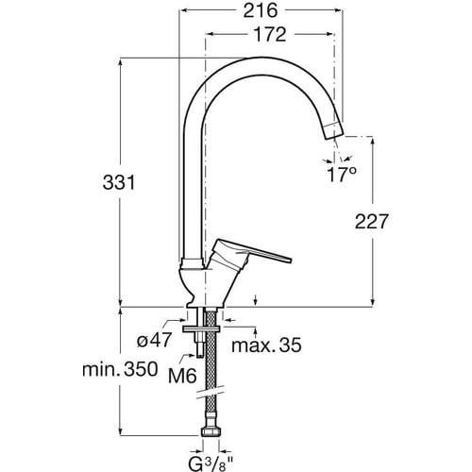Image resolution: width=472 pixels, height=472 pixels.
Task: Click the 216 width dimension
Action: pos(257,11)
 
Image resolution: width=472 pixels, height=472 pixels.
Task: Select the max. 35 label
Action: pos(268,346)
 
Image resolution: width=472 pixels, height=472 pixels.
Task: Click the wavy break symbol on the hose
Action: pos(210,396)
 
